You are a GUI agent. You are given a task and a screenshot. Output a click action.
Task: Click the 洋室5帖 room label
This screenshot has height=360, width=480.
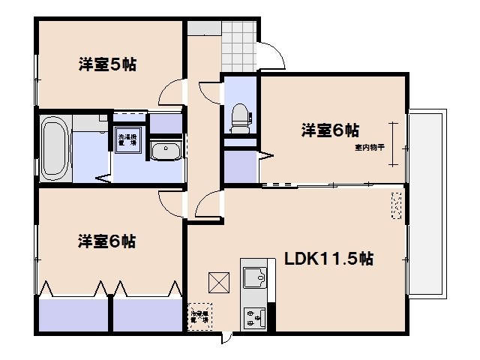click(107, 64)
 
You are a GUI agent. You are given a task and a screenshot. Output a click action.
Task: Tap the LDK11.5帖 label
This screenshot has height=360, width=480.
click(329, 260)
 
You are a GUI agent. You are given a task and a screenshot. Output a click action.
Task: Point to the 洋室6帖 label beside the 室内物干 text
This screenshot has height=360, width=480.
click(329, 130)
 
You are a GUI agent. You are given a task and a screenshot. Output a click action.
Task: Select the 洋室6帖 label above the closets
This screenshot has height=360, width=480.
click(107, 241)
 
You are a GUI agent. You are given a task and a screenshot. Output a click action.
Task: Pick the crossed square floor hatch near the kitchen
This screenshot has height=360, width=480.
click(219, 283)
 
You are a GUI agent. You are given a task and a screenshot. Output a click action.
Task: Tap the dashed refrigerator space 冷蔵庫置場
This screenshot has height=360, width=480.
click(199, 317)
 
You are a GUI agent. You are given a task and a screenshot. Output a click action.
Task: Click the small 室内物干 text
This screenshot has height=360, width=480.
click(370, 148)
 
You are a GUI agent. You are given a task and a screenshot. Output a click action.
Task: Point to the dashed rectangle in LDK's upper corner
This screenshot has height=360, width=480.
click(396, 205)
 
